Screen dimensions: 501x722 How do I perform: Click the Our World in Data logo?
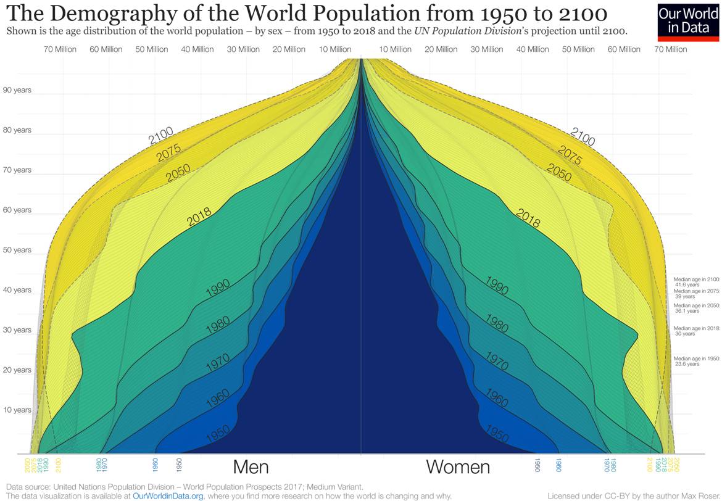pyautogui.click(x=689, y=22)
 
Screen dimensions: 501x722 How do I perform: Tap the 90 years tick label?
pyautogui.click(x=17, y=90)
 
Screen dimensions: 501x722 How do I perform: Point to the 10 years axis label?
pyautogui.click(x=17, y=410)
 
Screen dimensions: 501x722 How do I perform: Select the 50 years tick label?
pyautogui.click(x=17, y=250)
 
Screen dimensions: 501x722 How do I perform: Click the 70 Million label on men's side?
pyautogui.click(x=60, y=49)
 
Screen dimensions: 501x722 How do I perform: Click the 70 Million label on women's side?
pyautogui.click(x=671, y=49)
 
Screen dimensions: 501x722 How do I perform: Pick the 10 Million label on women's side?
pyautogui.click(x=395, y=49)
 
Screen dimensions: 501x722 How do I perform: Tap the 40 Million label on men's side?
pyautogui.click(x=197, y=49)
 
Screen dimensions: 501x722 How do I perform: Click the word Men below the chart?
pyautogui.click(x=251, y=466)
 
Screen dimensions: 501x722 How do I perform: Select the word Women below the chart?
pyautogui.click(x=458, y=467)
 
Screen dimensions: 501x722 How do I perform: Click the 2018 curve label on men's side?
pyautogui.click(x=199, y=217)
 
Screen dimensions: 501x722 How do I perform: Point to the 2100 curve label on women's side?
pyautogui.click(x=583, y=137)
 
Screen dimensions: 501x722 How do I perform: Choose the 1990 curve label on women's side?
pyautogui.click(x=497, y=286)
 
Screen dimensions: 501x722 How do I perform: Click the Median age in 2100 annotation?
pyautogui.click(x=696, y=282)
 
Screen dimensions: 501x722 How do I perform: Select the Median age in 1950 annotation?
pyautogui.click(x=696, y=361)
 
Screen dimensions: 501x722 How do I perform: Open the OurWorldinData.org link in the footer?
pyautogui.click(x=168, y=496)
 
